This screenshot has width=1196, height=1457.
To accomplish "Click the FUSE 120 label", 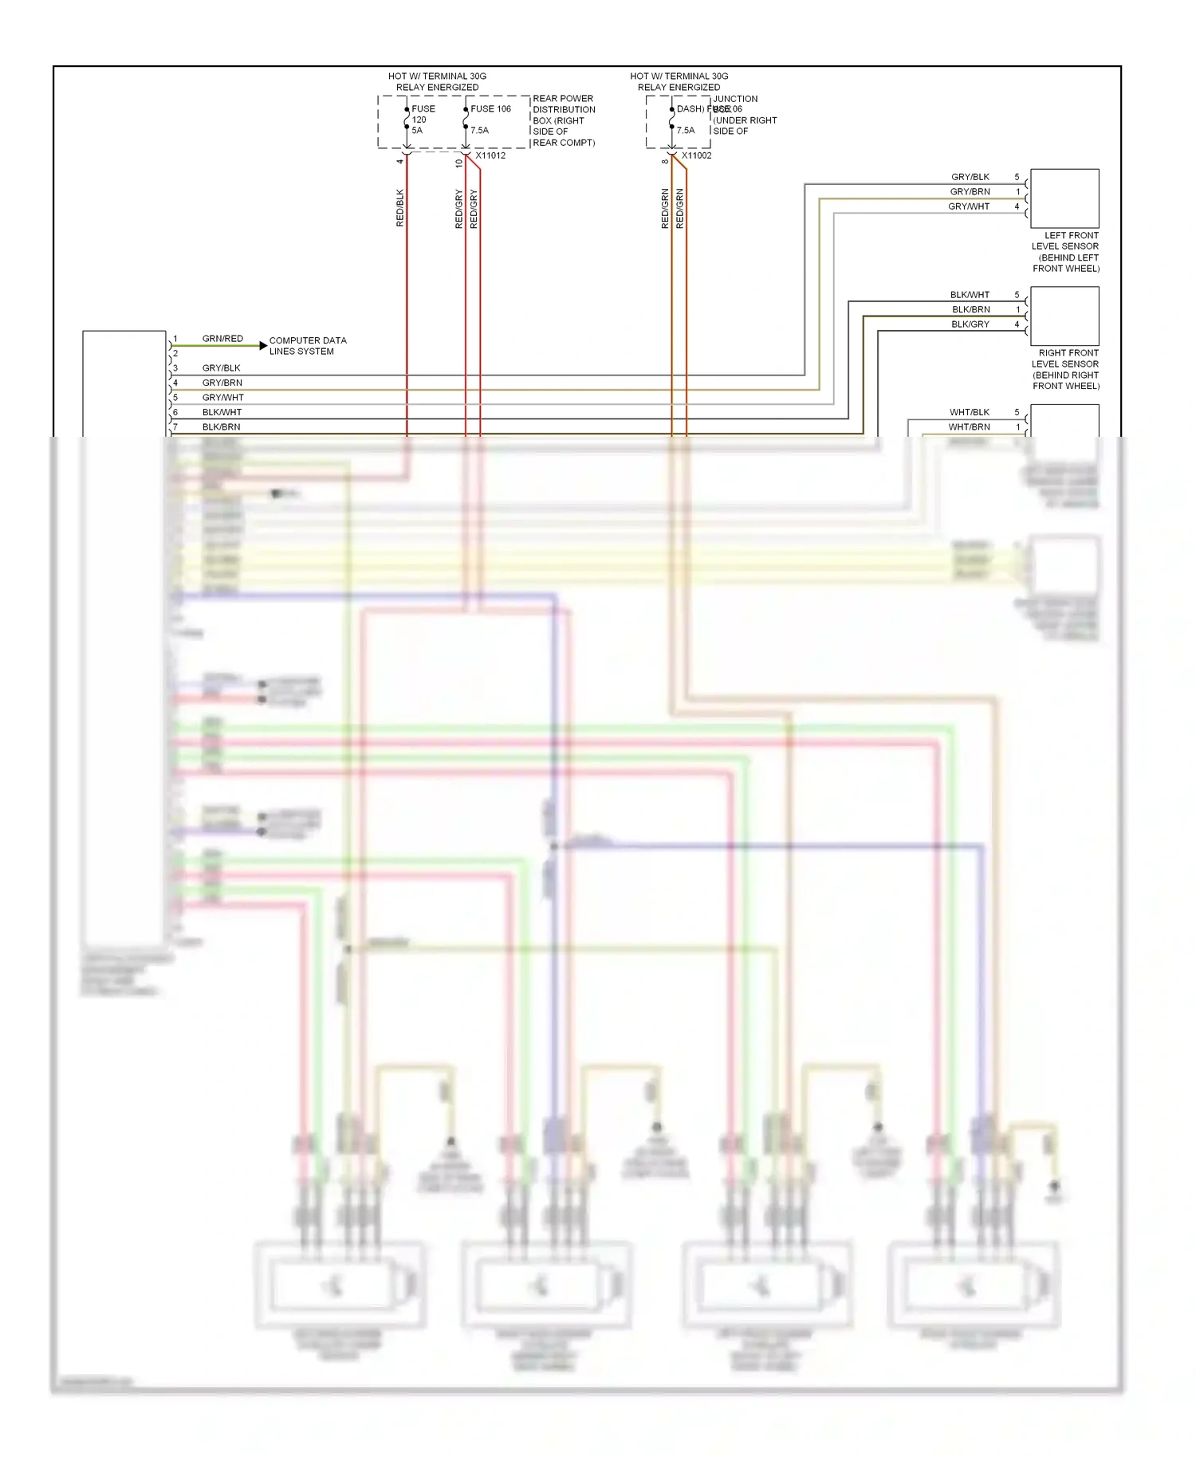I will [422, 114].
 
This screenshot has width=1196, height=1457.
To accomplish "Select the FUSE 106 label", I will [490, 109].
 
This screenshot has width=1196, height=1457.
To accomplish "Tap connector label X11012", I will [490, 155].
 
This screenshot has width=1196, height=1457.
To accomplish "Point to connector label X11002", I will [696, 155].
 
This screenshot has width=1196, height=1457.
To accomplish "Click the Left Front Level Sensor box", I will [1064, 198].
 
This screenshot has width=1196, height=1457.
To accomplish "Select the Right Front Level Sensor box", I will [1064, 316].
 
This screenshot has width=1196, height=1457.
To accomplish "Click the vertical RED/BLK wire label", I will [400, 208].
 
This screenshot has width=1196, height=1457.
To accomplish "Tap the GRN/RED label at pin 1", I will [222, 339].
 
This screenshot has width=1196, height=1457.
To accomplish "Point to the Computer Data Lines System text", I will [307, 346].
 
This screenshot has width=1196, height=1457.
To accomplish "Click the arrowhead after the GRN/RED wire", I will [263, 345].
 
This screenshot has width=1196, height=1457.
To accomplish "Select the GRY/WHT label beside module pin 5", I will [222, 398].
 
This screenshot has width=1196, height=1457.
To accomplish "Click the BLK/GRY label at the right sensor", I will [970, 324].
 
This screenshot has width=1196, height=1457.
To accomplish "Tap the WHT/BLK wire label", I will [969, 412].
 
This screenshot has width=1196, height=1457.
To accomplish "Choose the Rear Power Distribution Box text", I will [563, 120].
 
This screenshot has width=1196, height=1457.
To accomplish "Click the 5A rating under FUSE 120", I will [417, 131].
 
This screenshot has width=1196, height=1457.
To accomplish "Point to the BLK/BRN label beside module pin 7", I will [221, 427].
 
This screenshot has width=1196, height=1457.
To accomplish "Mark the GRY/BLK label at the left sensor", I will [970, 177].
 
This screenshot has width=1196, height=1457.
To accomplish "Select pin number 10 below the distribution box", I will [459, 163].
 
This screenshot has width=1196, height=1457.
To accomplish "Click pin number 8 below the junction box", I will [665, 162].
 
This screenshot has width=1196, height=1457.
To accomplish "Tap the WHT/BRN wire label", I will [969, 427].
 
